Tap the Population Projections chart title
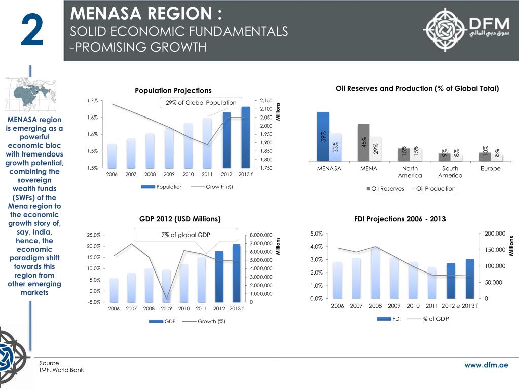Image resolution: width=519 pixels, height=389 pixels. pyautogui.click(x=173, y=90)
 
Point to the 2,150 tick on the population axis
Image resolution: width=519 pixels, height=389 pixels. pyautogui.click(x=266, y=101)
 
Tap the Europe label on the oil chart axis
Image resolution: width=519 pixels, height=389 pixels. pyautogui.click(x=490, y=168)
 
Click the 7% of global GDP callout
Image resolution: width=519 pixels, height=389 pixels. pyautogui.click(x=186, y=235)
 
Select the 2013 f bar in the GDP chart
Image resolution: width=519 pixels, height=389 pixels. pyautogui.click(x=236, y=273)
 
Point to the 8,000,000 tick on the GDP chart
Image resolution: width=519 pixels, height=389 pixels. pyautogui.click(x=262, y=235)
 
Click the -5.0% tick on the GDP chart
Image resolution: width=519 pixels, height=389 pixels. pyautogui.click(x=93, y=303)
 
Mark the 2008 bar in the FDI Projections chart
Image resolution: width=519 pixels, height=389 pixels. pyautogui.click(x=376, y=274)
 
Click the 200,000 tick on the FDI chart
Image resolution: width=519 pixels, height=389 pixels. pyautogui.click(x=495, y=233)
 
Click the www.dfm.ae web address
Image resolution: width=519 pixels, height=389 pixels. pyautogui.click(x=487, y=365)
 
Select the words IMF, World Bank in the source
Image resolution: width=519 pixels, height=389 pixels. pyautogui.click(x=62, y=370)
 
